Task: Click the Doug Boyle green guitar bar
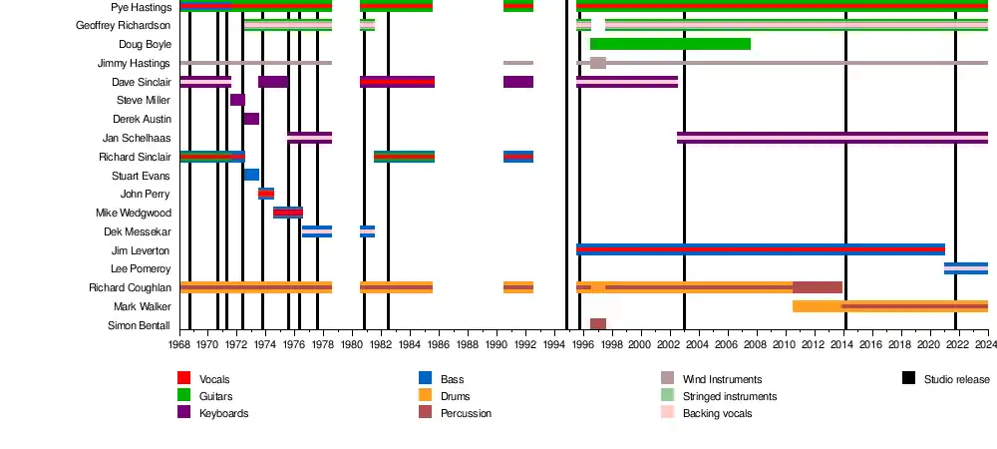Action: tap(670, 44)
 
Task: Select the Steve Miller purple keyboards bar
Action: tap(237, 100)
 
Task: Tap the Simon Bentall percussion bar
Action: tap(598, 324)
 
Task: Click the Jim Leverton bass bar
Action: tap(760, 249)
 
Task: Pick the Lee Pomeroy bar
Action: tap(966, 268)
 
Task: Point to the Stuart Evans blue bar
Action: tap(251, 175)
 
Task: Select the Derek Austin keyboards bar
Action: tap(251, 119)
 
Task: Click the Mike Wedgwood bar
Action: tap(288, 213)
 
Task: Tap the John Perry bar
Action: tap(266, 194)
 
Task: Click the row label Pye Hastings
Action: tap(141, 7)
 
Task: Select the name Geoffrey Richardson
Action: tap(124, 25)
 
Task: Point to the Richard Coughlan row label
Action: tap(129, 288)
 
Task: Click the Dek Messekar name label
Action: tap(138, 231)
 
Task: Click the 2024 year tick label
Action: tap(986, 345)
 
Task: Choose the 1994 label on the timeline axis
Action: tap(552, 345)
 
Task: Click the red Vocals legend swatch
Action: tap(183, 379)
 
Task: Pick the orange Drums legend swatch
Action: tap(425, 396)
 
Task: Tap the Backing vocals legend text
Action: tap(717, 413)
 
